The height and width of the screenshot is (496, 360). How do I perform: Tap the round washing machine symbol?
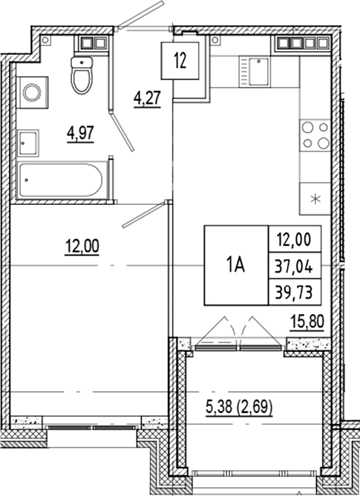pos(32,92)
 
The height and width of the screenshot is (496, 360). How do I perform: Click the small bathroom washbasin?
pos(29,139)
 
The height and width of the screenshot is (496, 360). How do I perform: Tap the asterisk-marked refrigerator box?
pos(314,198)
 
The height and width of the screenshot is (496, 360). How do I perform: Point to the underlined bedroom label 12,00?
pos(82,244)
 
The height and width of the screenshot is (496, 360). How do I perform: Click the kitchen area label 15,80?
pos(306,322)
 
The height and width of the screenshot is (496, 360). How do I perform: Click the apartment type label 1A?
pos(235,264)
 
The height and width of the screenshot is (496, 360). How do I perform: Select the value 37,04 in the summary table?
pos(294,264)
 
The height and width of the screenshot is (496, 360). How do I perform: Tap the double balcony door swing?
pos(240,330)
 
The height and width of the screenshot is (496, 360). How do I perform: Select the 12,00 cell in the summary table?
pos(294,240)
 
